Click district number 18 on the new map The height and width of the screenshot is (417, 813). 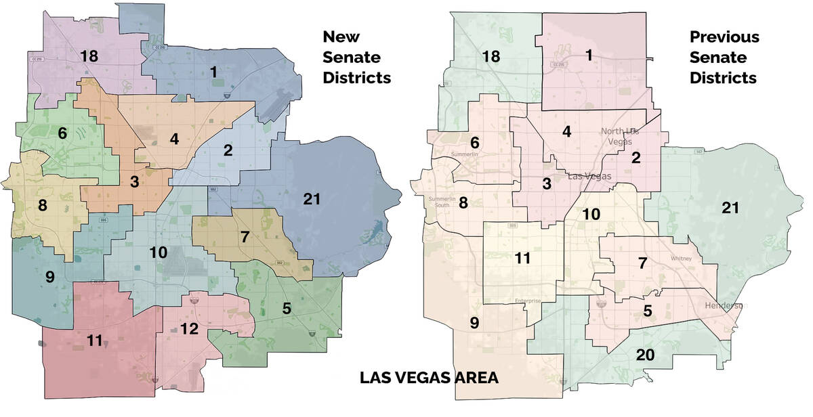click(x=89, y=56)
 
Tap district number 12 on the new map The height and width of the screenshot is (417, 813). click(x=190, y=329)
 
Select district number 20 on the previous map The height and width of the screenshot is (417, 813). click(x=645, y=354)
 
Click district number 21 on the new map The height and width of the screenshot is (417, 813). click(x=311, y=199)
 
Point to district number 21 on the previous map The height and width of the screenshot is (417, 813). click(x=730, y=208)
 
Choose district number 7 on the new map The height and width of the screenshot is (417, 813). click(x=245, y=238)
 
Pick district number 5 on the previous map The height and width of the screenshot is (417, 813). click(x=647, y=311)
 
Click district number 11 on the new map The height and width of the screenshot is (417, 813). click(x=94, y=341)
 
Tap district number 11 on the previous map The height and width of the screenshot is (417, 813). click(x=522, y=258)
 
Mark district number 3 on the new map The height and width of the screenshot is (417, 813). click(x=135, y=181)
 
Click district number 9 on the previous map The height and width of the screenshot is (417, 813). click(x=474, y=323)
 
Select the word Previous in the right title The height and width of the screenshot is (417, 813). click(x=724, y=37)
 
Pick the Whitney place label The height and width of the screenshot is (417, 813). click(x=680, y=258)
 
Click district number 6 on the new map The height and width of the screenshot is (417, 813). click(x=62, y=133)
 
